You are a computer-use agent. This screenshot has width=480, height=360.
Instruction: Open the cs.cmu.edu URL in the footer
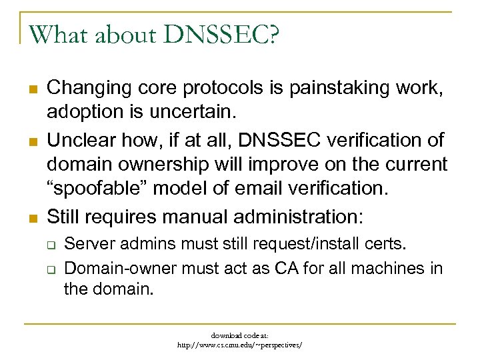point(239,345)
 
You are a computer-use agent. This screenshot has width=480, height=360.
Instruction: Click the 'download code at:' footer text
point(239,335)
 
